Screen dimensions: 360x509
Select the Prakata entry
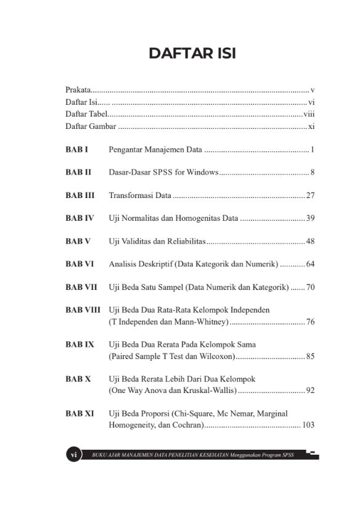[78, 90]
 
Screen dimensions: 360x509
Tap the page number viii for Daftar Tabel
[309, 114]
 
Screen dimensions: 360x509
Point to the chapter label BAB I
[76, 150]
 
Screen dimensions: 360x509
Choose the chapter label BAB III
[80, 196]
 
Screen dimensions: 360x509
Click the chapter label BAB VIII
[83, 310]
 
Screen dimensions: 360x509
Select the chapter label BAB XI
[80, 413]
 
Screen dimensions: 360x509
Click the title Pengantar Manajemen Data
[155, 150]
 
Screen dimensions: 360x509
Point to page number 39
[310, 218]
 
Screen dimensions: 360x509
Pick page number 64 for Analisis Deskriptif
[310, 264]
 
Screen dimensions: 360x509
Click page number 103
[308, 425]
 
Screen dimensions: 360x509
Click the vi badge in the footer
[73, 455]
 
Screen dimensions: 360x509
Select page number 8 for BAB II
[313, 173]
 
